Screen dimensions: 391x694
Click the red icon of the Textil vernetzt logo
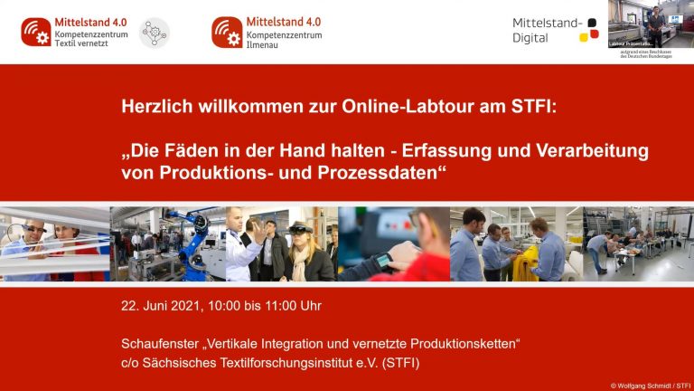pyautogui.click(x=36, y=33)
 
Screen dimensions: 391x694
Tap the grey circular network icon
pyautogui.click(x=155, y=33)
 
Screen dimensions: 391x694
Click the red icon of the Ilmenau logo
pyautogui.click(x=227, y=33)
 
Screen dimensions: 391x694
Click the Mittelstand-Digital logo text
pyautogui.click(x=541, y=31)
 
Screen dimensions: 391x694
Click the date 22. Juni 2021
pyautogui.click(x=163, y=306)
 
